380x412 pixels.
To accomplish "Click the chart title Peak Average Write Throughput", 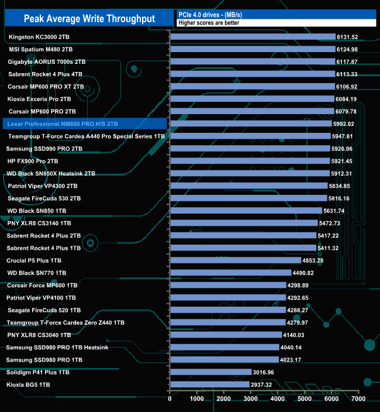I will click(x=89, y=19).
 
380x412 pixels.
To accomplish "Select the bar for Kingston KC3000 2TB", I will click(x=253, y=37).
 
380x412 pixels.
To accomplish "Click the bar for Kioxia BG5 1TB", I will click(x=209, y=384).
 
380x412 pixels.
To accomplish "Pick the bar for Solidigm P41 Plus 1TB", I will click(x=210, y=372).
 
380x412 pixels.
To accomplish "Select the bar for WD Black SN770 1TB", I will click(x=230, y=273).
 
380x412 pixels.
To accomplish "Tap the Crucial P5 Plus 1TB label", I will click(x=34, y=260).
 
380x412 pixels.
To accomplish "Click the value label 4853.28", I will click(x=316, y=260).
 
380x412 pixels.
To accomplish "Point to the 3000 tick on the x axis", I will click(x=250, y=399).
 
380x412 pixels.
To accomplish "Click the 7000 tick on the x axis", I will click(x=358, y=399).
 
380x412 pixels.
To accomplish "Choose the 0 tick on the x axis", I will click(x=170, y=399).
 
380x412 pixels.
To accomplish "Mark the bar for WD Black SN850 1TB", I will click(x=246, y=211).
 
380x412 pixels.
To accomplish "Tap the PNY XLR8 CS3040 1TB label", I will click(x=39, y=335).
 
